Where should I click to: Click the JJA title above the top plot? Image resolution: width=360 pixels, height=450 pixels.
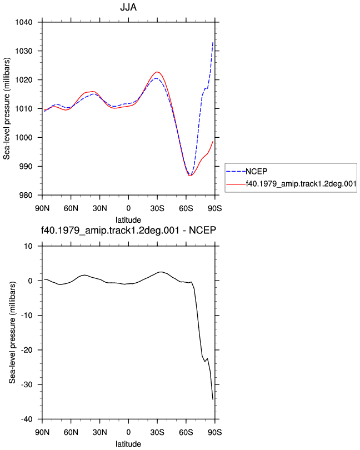pyautogui.click(x=128, y=7)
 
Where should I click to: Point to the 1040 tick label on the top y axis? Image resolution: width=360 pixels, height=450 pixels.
pyautogui.click(x=24, y=22)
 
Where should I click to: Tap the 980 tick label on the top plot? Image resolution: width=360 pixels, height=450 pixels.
pyautogui.click(x=26, y=195)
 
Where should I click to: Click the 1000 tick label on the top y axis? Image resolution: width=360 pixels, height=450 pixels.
pyautogui.click(x=24, y=137)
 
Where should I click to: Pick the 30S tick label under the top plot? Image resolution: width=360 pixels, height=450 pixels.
pyautogui.click(x=157, y=208)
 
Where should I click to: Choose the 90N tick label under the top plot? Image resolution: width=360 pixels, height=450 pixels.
pyautogui.click(x=42, y=208)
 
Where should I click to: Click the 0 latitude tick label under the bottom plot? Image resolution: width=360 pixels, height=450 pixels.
pyautogui.click(x=128, y=432)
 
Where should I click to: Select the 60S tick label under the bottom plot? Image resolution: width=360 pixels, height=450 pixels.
pyautogui.click(x=186, y=432)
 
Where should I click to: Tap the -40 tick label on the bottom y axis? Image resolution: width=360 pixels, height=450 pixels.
pyautogui.click(x=27, y=419)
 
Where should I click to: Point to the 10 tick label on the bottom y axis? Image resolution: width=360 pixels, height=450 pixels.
pyautogui.click(x=28, y=246)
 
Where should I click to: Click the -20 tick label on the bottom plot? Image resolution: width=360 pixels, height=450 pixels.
pyautogui.click(x=27, y=350)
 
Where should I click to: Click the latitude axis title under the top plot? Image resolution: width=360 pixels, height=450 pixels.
pyautogui.click(x=128, y=220)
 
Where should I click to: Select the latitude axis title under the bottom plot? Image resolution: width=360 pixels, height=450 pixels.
pyautogui.click(x=128, y=444)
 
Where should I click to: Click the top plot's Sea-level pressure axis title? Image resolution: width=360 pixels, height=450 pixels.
pyautogui.click(x=7, y=108)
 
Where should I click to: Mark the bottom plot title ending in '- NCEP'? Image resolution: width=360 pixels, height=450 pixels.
pyautogui.click(x=128, y=230)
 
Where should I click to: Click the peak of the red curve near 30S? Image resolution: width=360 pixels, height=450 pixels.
pyautogui.click(x=157, y=72)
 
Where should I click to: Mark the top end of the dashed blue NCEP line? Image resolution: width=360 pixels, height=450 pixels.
pyautogui.click(x=213, y=42)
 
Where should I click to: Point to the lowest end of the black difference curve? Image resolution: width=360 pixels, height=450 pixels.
pyautogui.click(x=213, y=399)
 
